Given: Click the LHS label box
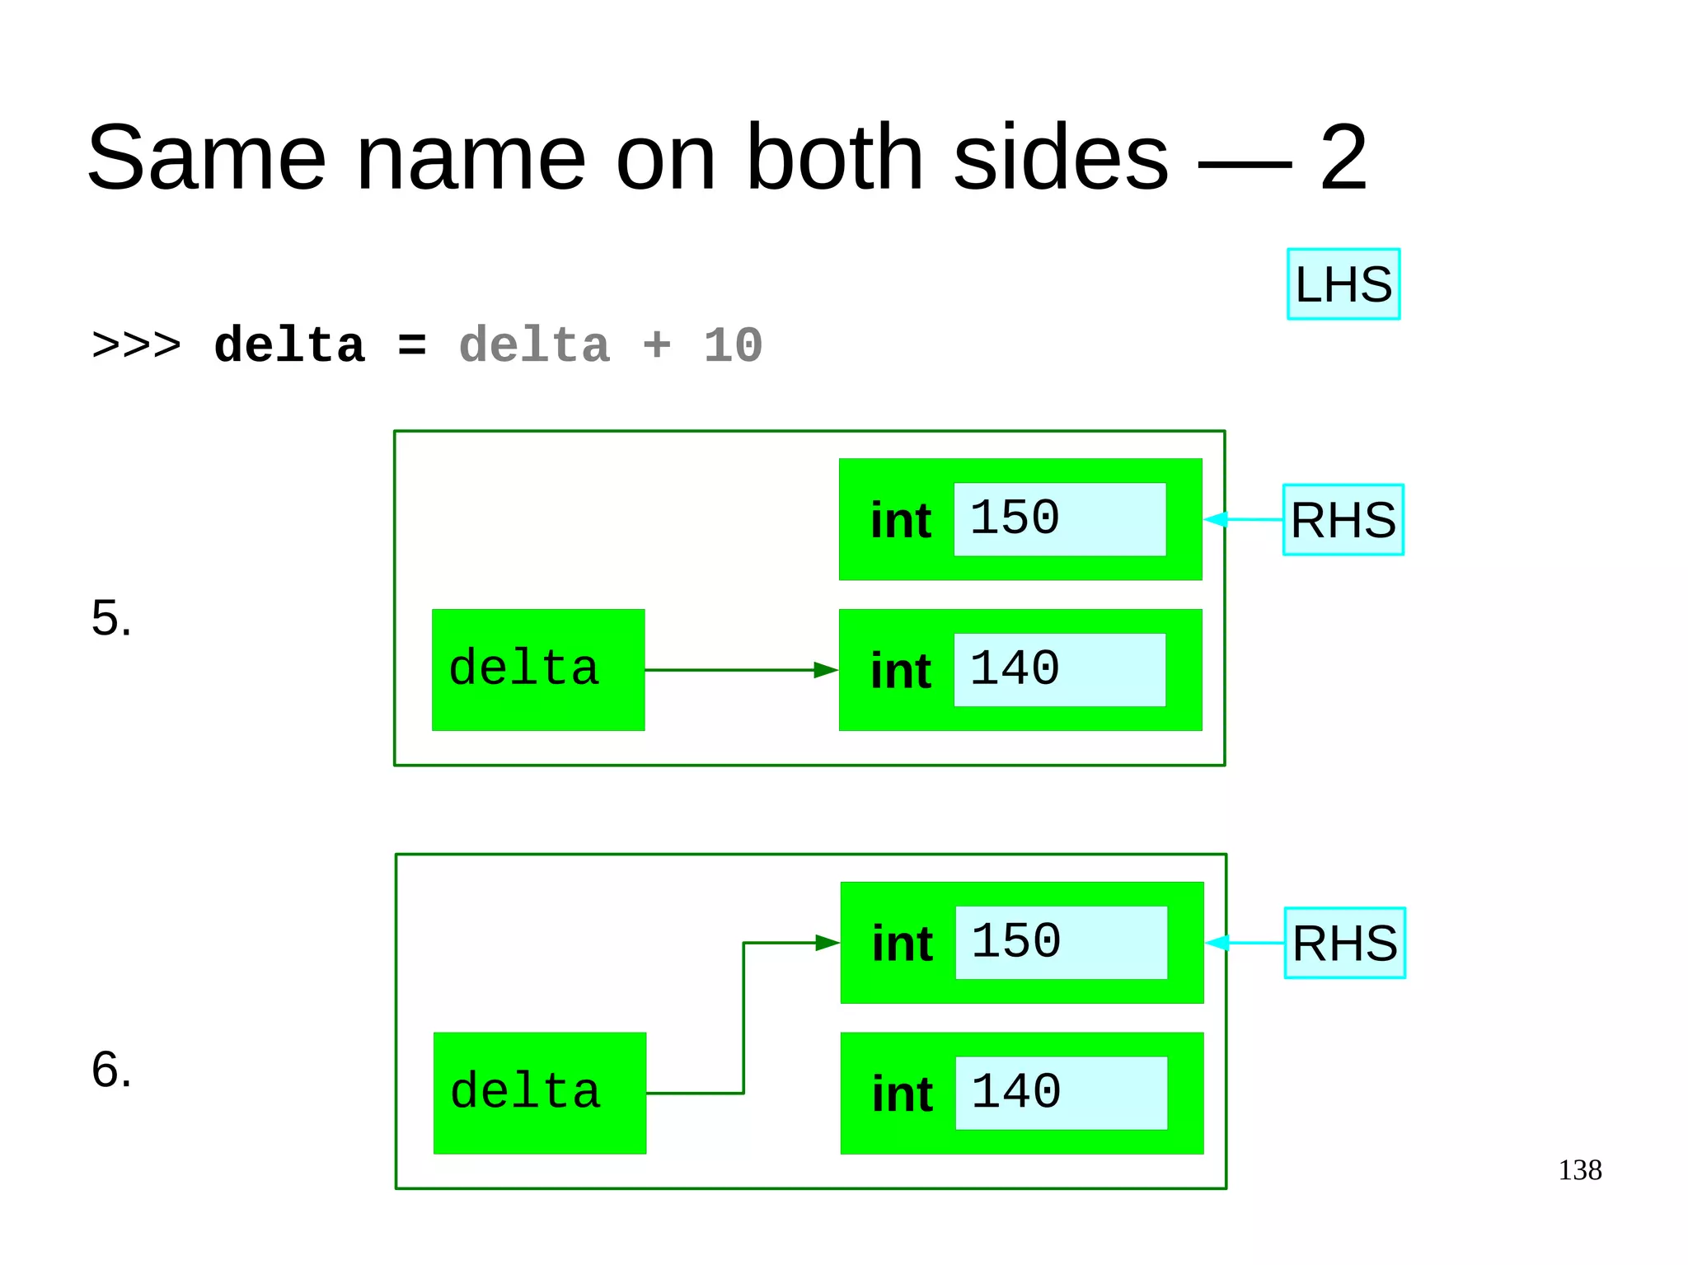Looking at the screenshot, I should point(1343,284).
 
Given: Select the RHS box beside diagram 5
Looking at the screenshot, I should point(1343,520).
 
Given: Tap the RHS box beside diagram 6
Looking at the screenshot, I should point(1344,943).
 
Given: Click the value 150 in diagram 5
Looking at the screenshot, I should point(1015,518).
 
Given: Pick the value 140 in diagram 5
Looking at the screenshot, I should point(1015,669).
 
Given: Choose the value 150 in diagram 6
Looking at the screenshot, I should point(1016,942).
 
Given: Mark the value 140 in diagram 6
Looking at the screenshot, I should point(1016,1093).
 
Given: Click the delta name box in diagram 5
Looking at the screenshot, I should point(537,670).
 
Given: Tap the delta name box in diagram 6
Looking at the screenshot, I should point(539,1093).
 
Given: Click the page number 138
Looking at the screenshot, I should point(1579,1170).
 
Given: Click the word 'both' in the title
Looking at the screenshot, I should point(833,157).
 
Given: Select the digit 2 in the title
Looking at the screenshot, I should point(1343,157).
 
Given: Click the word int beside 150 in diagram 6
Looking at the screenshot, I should point(903,944).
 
